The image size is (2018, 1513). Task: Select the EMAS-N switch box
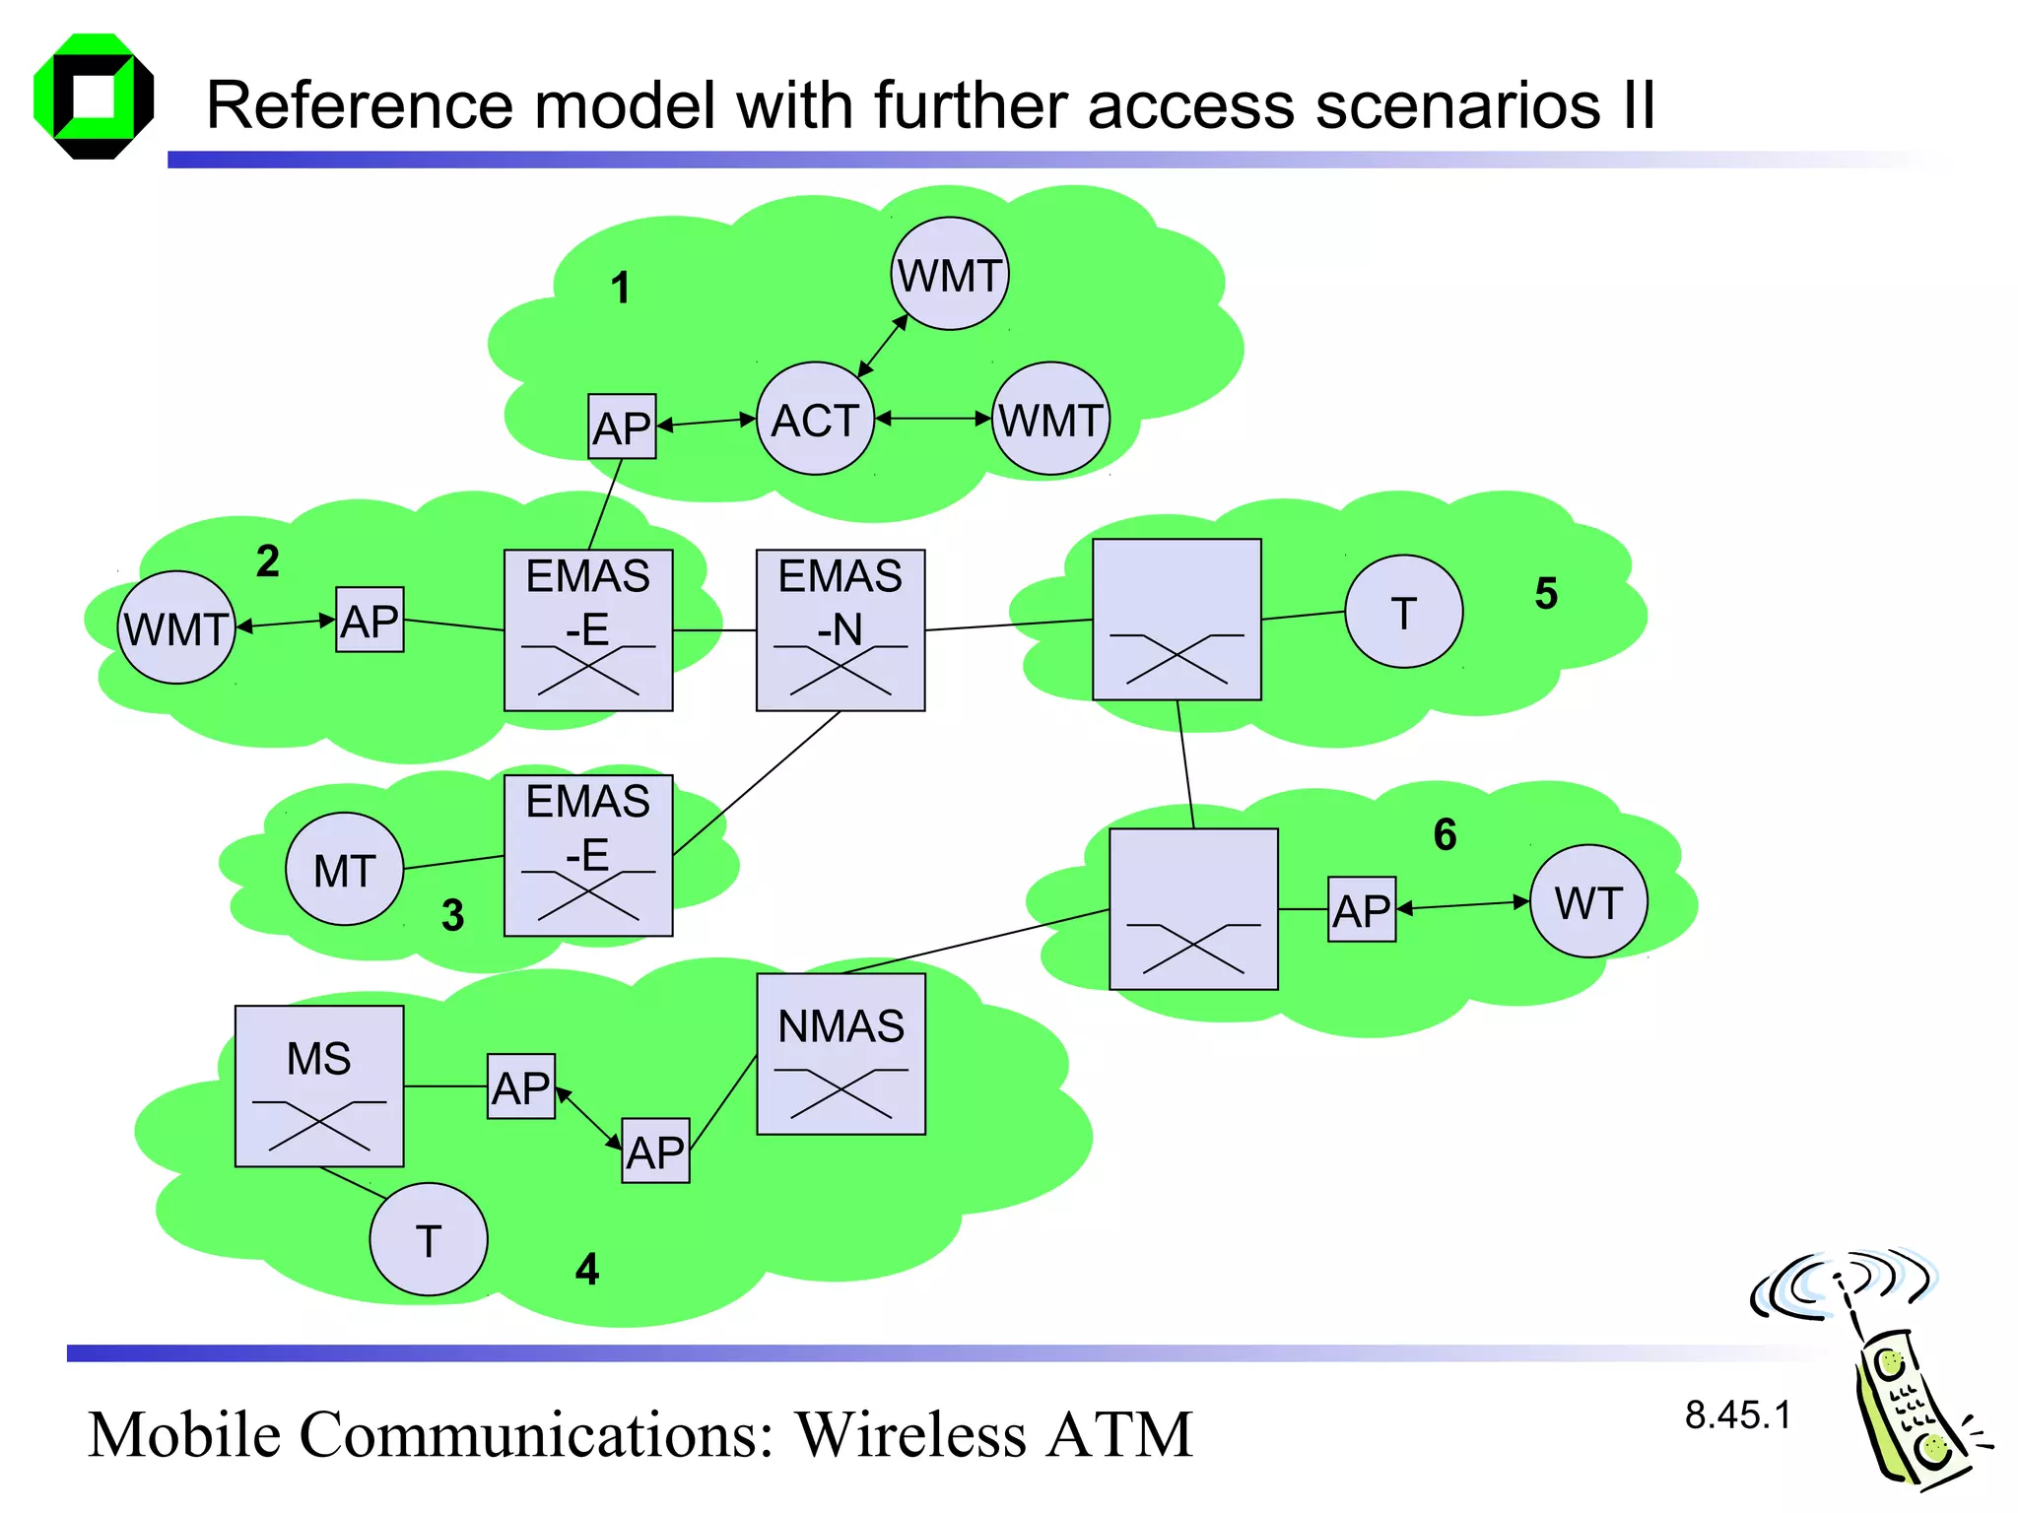pos(841,630)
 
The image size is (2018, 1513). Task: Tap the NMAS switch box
pos(841,1054)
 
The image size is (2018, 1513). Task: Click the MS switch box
pos(319,1085)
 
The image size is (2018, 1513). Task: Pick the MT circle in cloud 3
pos(344,869)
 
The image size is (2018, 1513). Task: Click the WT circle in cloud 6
pos(1588,901)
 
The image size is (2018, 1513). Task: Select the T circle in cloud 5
pos(1403,612)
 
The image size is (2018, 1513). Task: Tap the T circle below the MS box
pos(428,1239)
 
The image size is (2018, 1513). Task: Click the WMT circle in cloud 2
pos(176,627)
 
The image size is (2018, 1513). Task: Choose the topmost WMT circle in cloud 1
pos(950,274)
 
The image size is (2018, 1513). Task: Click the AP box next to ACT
pos(622,427)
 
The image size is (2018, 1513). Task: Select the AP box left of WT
pos(1362,909)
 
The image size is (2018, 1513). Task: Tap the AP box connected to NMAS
pos(655,1151)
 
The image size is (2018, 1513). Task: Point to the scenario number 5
pos(1546,593)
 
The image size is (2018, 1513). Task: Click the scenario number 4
pos(587,1269)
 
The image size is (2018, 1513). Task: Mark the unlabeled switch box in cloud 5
pos(1177,620)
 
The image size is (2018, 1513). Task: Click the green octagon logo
pos(94,97)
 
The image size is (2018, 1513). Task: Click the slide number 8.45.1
pos(1737,1415)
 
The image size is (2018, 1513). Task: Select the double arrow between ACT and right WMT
pos(932,419)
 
